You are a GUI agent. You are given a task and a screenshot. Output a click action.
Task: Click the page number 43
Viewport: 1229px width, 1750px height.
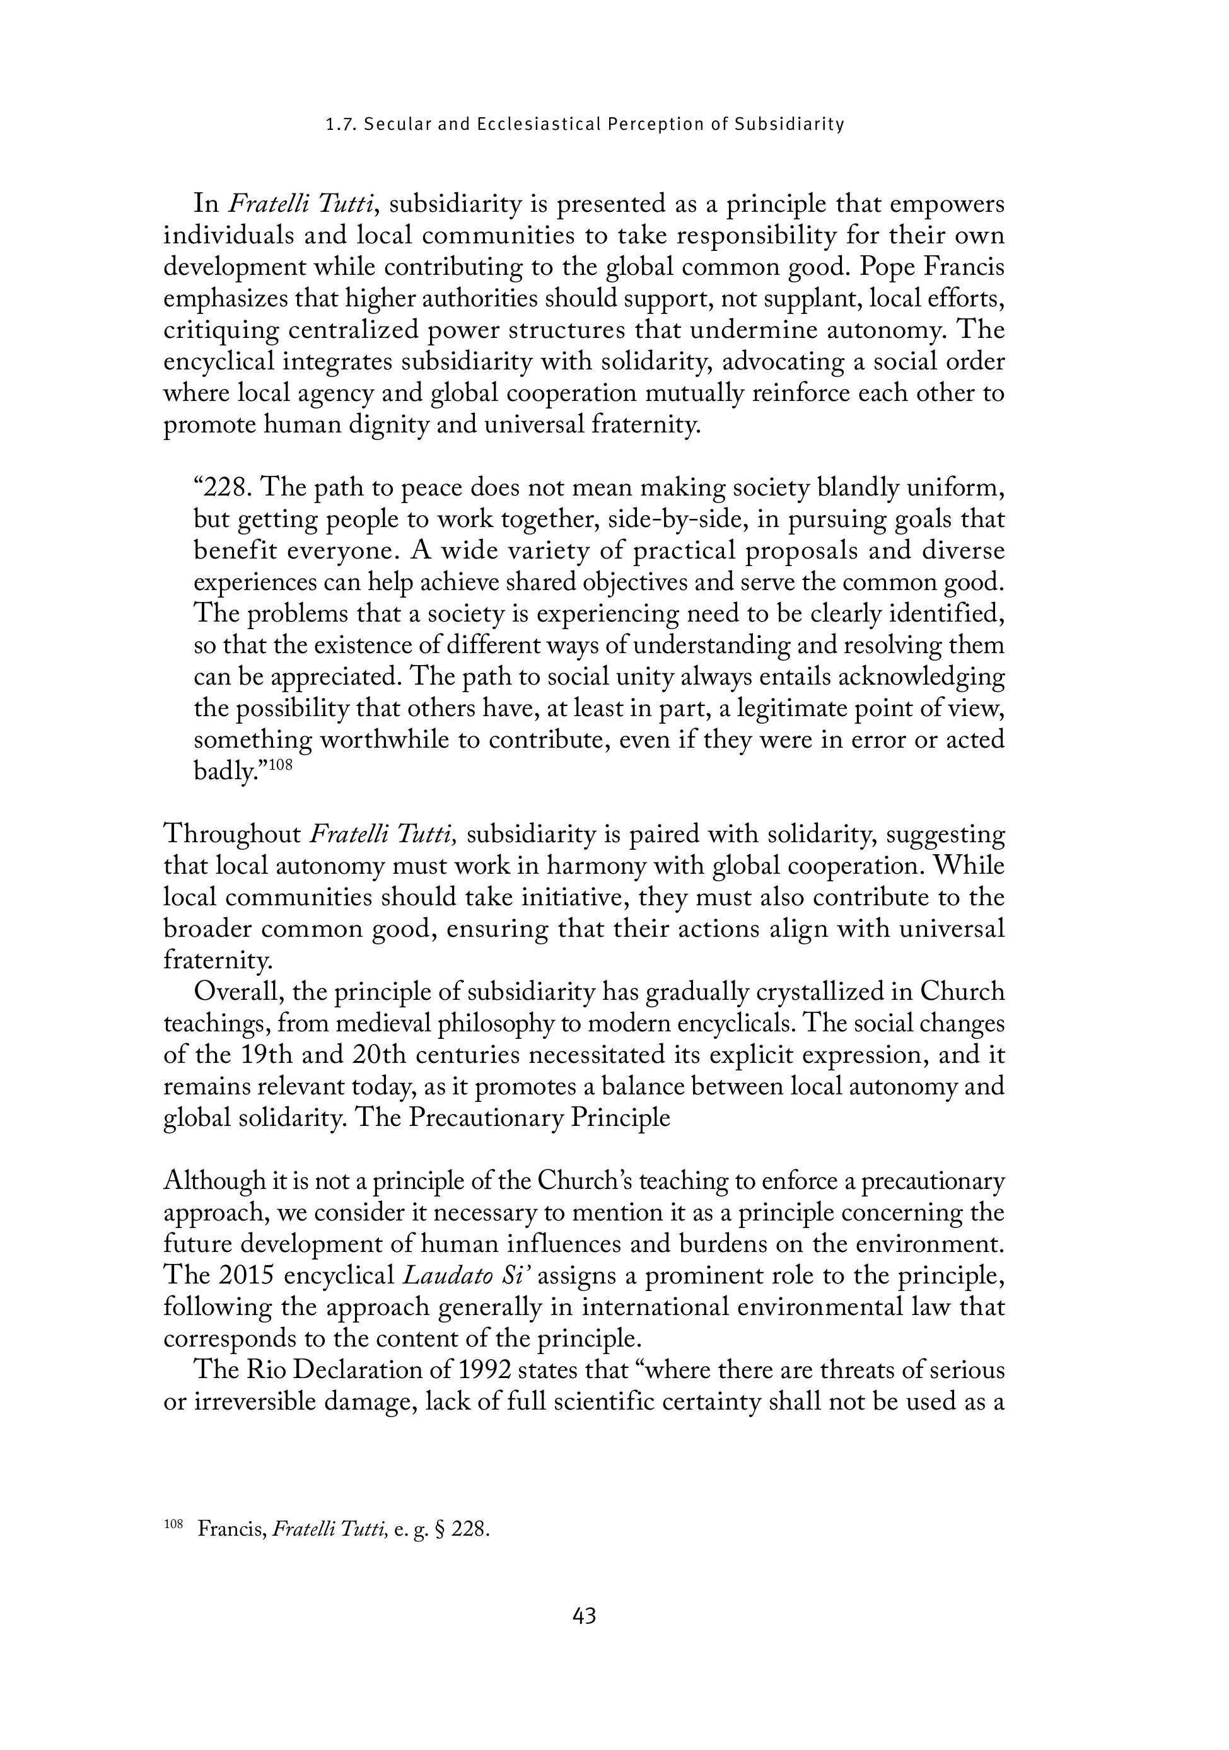click(x=584, y=1616)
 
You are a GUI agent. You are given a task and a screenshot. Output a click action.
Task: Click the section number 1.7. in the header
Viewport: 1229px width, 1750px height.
click(x=341, y=124)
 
